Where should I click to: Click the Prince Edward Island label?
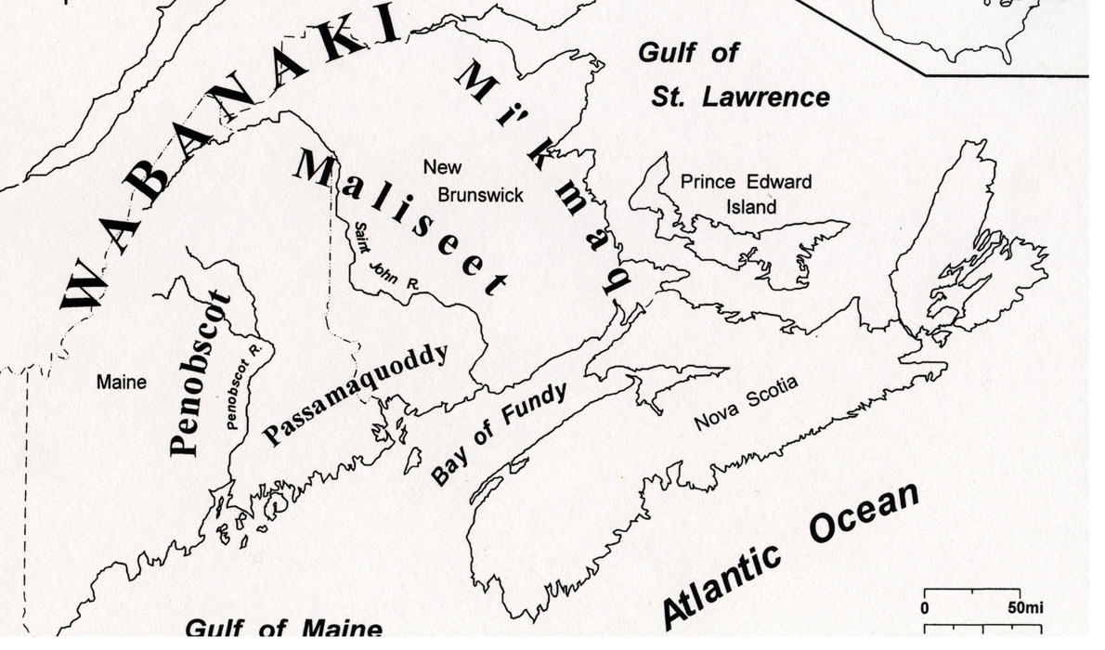click(746, 193)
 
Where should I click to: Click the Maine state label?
click(121, 382)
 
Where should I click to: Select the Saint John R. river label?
click(382, 259)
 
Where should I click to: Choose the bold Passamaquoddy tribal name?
click(356, 394)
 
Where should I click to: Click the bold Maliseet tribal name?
click(401, 222)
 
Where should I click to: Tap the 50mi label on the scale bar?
click(1025, 608)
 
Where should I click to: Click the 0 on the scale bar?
click(925, 608)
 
